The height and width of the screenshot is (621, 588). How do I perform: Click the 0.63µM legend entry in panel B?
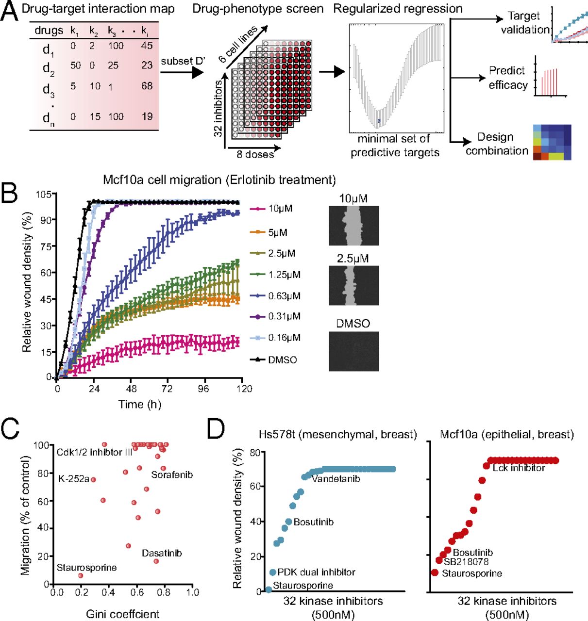click(275, 295)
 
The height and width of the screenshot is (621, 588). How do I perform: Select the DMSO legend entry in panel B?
click(274, 360)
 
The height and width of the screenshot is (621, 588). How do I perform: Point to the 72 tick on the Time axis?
click(168, 389)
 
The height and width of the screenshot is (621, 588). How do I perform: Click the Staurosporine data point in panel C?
click(81, 575)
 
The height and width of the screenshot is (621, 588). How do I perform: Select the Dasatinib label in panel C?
click(162, 553)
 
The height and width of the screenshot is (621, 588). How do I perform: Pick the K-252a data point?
click(93, 479)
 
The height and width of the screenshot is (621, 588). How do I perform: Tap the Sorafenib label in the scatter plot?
click(172, 474)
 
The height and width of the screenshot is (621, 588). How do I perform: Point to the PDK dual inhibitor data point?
click(273, 572)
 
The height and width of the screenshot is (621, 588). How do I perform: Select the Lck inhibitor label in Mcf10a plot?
click(519, 468)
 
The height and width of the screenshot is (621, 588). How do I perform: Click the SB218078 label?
click(466, 562)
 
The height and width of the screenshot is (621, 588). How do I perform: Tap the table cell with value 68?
click(147, 86)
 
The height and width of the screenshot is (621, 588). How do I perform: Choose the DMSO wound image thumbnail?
click(353, 351)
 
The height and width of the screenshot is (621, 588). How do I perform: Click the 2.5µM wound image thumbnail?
click(353, 285)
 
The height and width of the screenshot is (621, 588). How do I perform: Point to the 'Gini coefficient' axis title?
click(123, 614)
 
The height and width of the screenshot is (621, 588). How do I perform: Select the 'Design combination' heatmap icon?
click(552, 142)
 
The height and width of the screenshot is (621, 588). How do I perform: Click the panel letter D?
click(216, 429)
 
